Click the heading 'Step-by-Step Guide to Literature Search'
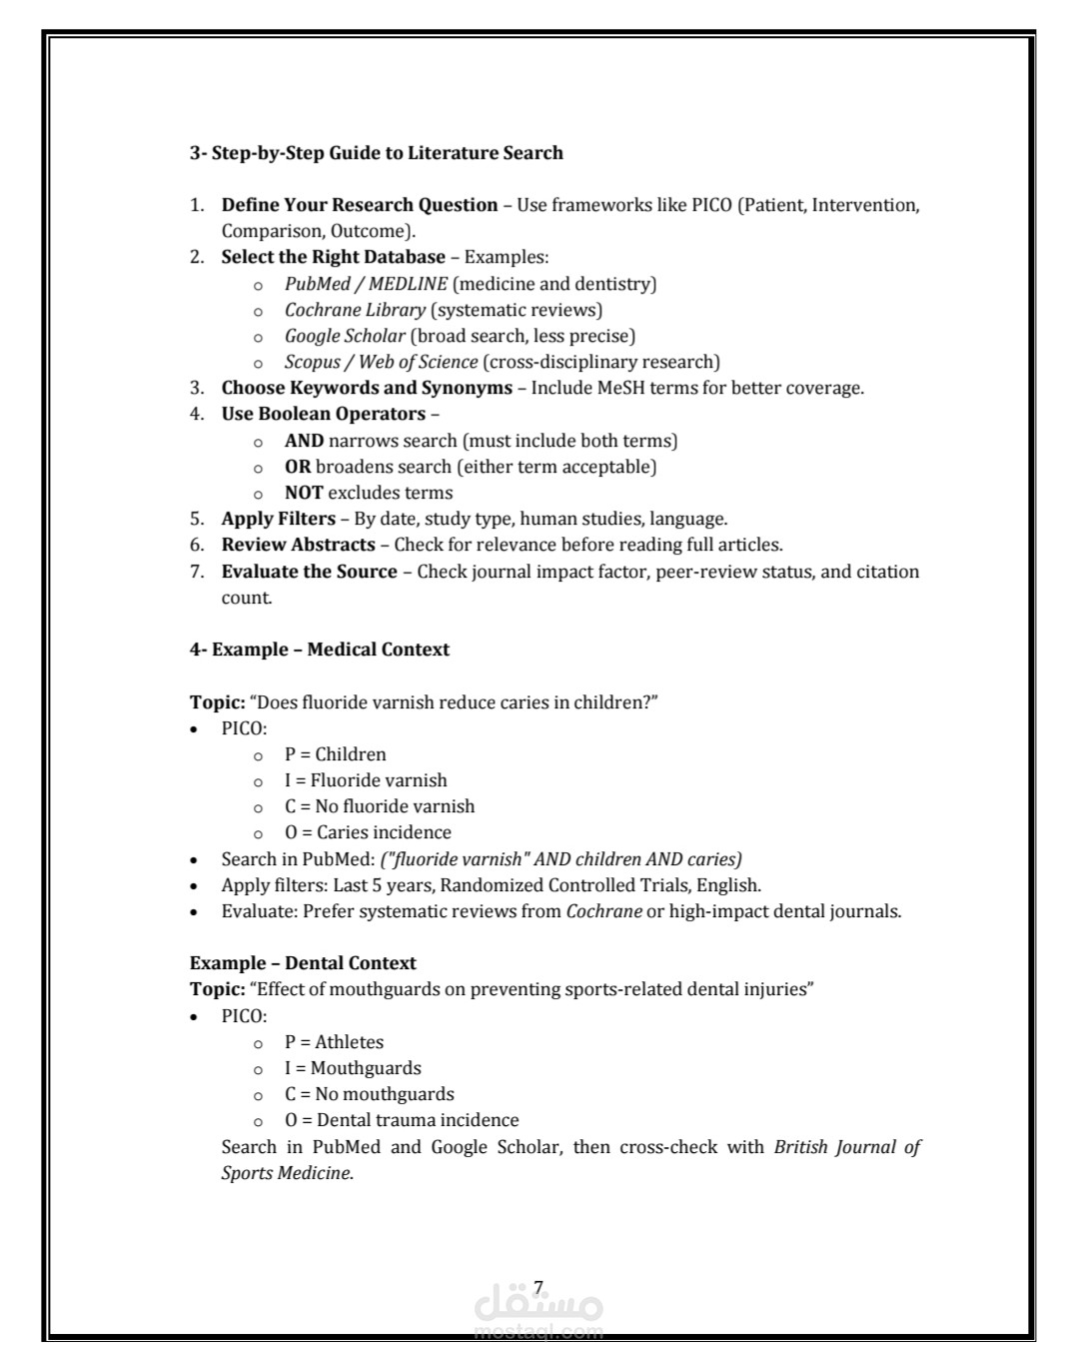click(x=377, y=153)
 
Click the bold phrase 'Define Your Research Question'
click(x=360, y=205)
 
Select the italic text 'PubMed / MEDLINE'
click(x=366, y=284)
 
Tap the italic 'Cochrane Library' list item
click(x=355, y=310)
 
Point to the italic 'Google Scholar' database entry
click(x=345, y=336)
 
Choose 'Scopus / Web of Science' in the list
click(x=381, y=362)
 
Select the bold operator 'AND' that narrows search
click(x=304, y=441)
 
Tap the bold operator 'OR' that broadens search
click(x=298, y=467)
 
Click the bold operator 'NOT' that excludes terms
click(x=304, y=493)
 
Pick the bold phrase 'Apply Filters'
click(x=279, y=519)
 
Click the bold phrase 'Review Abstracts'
click(x=299, y=545)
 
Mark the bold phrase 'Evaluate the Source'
click(x=310, y=572)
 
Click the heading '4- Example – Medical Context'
click(x=320, y=650)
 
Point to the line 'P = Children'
click(x=335, y=754)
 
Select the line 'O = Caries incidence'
click(x=368, y=832)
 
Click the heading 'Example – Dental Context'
click(x=303, y=963)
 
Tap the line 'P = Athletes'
click(x=334, y=1042)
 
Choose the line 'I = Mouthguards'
click(x=353, y=1068)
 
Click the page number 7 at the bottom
click(x=539, y=1287)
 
